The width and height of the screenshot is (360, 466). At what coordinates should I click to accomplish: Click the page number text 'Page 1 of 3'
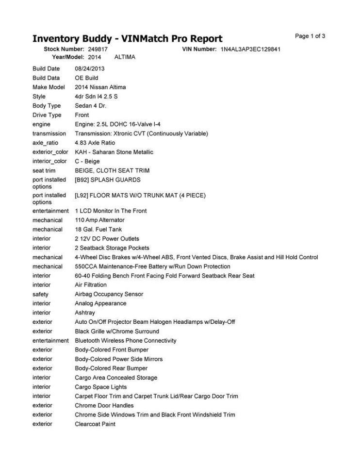pos(310,36)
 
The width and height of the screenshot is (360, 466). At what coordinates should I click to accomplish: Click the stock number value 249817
pos(98,50)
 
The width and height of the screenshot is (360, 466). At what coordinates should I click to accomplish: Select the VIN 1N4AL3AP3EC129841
pos(251,50)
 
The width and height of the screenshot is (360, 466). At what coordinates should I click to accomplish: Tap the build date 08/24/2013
pos(89,68)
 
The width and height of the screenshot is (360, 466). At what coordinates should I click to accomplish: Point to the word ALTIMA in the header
pos(125,57)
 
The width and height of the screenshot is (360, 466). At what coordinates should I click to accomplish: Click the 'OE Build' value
pos(86,78)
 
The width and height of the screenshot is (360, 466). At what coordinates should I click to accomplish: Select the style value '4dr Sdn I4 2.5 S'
pos(96,97)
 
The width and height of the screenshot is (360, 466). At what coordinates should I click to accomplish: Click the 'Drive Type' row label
pos(47,115)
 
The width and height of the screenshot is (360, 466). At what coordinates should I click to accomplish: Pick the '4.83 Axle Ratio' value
pos(95,143)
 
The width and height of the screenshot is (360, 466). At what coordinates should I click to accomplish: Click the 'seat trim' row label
pos(44,170)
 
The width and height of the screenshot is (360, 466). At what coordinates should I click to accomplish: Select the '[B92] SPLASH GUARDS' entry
pos(107,180)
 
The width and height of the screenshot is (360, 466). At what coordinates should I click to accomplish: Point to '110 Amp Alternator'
pos(99,220)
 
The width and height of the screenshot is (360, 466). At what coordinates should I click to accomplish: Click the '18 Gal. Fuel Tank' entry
pos(98,229)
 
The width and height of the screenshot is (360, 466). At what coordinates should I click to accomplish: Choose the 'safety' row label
pos(40,294)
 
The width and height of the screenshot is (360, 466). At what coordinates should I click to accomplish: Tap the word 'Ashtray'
pos(85,313)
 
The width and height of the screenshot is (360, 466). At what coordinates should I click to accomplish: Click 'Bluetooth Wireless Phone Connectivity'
pos(126,341)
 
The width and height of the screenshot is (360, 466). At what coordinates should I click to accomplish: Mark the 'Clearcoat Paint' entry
pos(95,424)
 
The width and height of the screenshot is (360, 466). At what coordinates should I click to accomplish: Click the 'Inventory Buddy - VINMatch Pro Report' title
pos(127,39)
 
